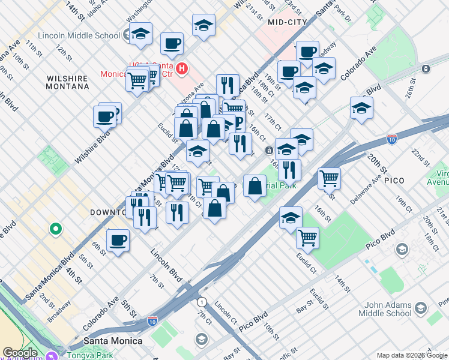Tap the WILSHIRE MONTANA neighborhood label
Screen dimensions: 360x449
68,82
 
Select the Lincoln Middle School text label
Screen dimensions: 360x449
79,35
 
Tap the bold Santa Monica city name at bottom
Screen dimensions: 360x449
113,341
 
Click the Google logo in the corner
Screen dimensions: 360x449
20,353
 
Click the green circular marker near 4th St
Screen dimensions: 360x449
55,229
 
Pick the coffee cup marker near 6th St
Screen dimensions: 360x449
118,241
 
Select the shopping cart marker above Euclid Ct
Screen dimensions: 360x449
307,238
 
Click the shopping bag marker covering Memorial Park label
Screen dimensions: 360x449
255,186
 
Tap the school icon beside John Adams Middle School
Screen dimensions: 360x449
421,308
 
